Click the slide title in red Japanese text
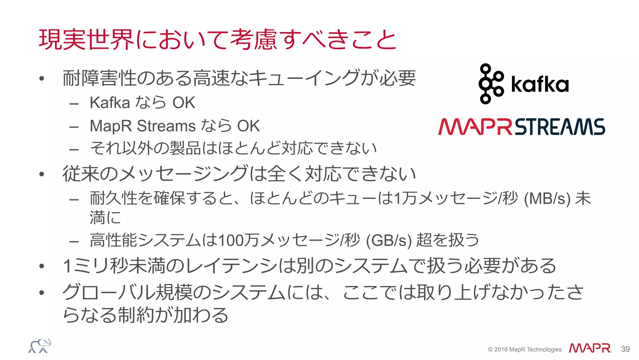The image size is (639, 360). pyautogui.click(x=217, y=40)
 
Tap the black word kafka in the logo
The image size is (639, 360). pyautogui.click(x=540, y=84)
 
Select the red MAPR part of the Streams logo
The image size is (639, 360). pyautogui.click(x=475, y=127)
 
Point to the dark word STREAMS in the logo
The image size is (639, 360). pyautogui.click(x=560, y=127)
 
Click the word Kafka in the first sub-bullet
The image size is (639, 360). pyautogui.click(x=110, y=103)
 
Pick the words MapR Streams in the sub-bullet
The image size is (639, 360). pyautogui.click(x=143, y=126)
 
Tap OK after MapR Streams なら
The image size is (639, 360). pyautogui.click(x=248, y=126)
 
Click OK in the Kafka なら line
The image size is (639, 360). pyautogui.click(x=184, y=103)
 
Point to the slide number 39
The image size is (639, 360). pyautogui.click(x=625, y=349)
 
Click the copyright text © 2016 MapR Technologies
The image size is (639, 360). pyautogui.click(x=524, y=349)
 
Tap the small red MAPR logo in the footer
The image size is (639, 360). pyautogui.click(x=590, y=348)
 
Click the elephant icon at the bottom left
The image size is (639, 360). pyautogui.click(x=40, y=346)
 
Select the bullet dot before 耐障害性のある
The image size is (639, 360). pyautogui.click(x=42, y=79)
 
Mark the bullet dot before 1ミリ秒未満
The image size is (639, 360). pyautogui.click(x=42, y=266)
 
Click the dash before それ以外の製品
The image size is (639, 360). pyautogui.click(x=74, y=150)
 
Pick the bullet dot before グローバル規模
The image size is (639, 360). pyautogui.click(x=42, y=293)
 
